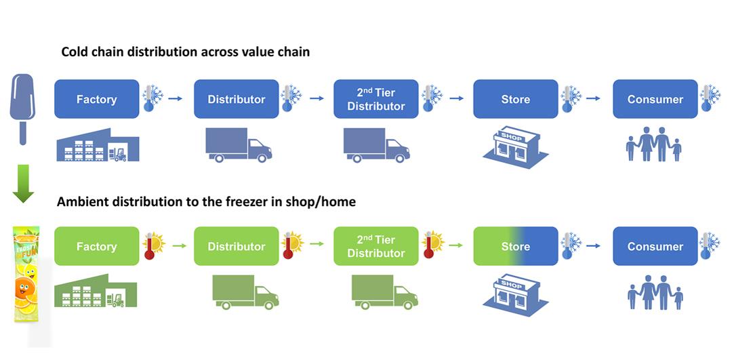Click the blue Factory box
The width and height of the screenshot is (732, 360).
[x=97, y=99]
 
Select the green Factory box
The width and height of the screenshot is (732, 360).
[x=97, y=246]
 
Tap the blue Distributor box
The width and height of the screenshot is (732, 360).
[x=237, y=99]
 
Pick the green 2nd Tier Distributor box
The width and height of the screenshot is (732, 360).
[x=375, y=246]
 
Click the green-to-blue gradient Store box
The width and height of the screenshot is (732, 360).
[x=515, y=246]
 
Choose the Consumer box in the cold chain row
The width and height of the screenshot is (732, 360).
[x=655, y=99]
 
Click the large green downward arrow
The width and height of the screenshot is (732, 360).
[x=23, y=184]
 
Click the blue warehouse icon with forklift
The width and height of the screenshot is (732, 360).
[x=98, y=145]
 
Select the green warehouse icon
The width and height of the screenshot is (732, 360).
[x=96, y=290]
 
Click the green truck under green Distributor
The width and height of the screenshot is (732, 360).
[x=245, y=292]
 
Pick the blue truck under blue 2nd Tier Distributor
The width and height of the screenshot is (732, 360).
[x=377, y=145]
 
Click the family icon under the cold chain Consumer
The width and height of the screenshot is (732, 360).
[x=653, y=144]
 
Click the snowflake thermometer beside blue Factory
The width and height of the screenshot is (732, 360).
[x=152, y=98]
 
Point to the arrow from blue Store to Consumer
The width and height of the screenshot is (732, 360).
[x=593, y=98]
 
